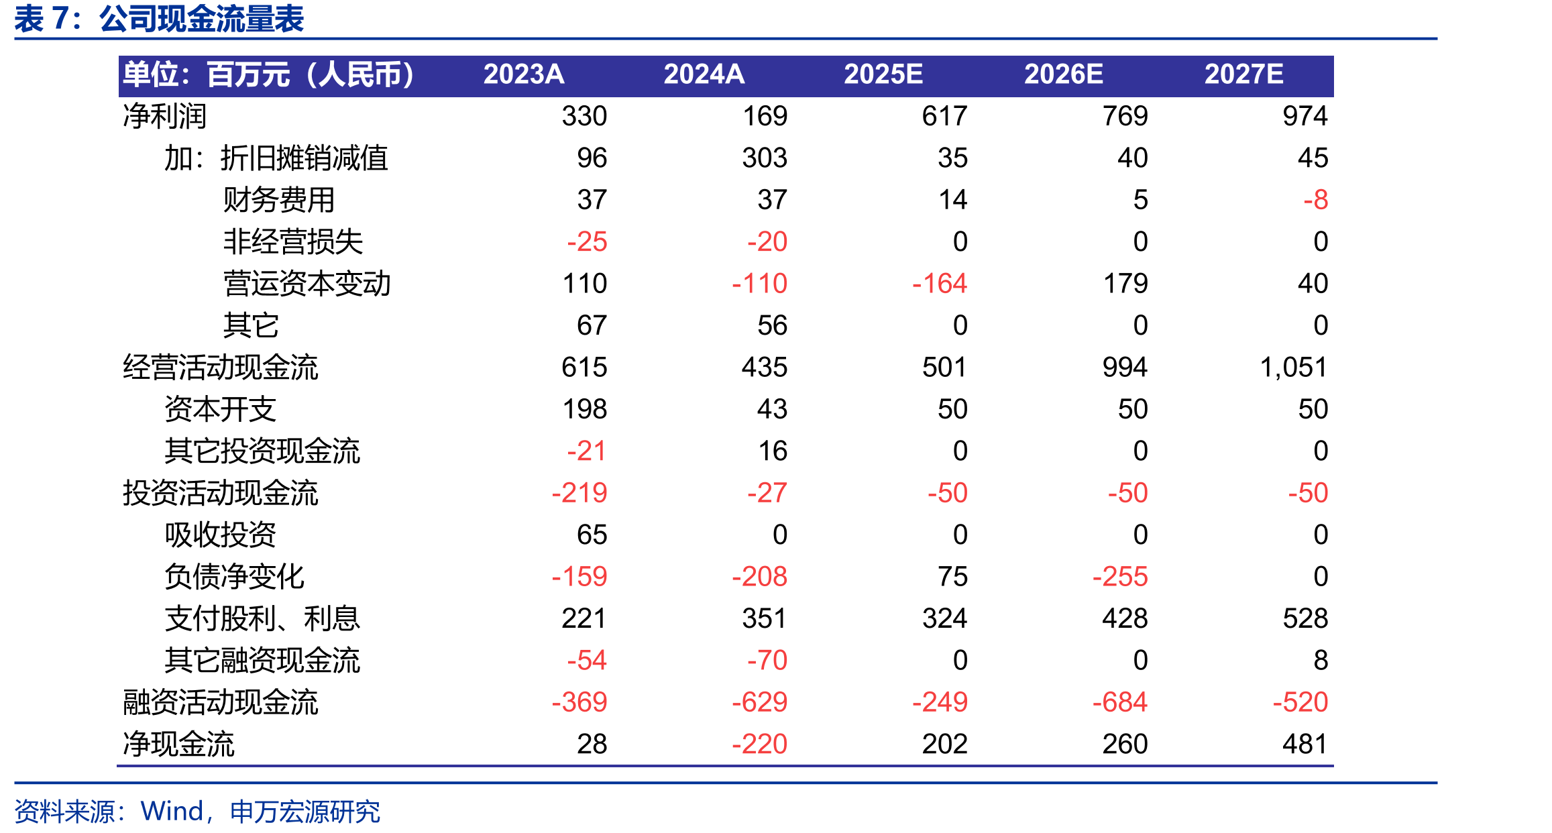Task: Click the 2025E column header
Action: click(883, 74)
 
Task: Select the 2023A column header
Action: click(523, 74)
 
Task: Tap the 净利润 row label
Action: click(164, 116)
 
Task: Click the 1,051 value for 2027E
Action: click(1293, 368)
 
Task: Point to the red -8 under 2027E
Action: click(1315, 200)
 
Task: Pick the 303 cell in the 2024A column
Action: click(765, 158)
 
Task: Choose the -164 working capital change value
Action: click(940, 284)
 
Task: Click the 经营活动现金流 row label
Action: click(220, 368)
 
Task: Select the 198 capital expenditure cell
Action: click(585, 409)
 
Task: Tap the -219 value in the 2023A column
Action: click(579, 493)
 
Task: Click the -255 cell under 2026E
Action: click(1120, 577)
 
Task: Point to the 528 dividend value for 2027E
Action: click(1305, 618)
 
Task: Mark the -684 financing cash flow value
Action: click(1120, 702)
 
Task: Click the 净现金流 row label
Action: click(178, 744)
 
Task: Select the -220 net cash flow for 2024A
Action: click(759, 744)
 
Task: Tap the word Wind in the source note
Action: click(172, 812)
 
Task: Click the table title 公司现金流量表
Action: click(202, 19)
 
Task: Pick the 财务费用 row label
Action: click(279, 200)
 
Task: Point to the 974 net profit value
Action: click(1305, 116)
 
